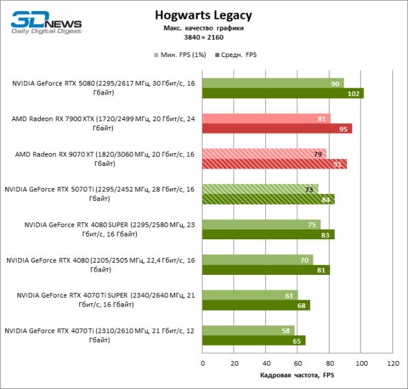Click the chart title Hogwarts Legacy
tap(204, 15)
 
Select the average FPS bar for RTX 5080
tap(282, 93)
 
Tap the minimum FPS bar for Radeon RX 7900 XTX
tap(266, 119)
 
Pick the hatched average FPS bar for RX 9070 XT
tap(274, 164)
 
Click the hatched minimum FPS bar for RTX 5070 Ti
tap(260, 189)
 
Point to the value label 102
tap(354, 93)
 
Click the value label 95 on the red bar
tap(344, 129)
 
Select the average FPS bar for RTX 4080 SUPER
tap(268, 235)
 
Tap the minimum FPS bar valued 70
tap(258, 259)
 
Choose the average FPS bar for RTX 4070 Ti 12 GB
tap(254, 340)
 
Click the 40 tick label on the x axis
tap(266, 364)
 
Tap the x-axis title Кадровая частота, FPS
tap(297, 376)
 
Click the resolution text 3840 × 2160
tap(204, 38)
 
